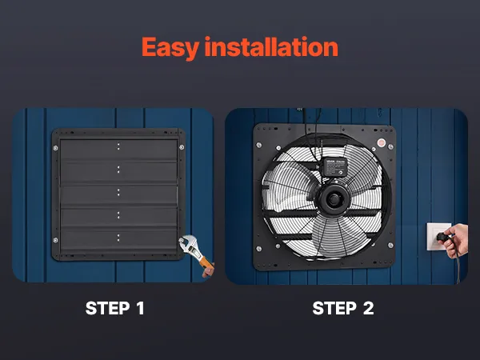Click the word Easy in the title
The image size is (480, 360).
(170, 48)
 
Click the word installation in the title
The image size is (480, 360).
(271, 46)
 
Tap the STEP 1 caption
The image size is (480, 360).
(114, 308)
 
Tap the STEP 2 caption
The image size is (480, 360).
(343, 308)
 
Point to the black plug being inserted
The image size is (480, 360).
(443, 237)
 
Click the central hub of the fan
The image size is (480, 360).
(333, 199)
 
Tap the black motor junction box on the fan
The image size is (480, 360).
(336, 167)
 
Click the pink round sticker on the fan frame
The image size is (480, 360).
(381, 142)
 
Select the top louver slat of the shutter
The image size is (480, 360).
(118, 150)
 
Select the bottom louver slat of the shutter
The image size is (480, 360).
(118, 240)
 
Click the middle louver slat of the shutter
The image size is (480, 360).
(118, 194)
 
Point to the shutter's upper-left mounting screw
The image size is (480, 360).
(55, 148)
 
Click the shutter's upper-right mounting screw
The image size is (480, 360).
(182, 147)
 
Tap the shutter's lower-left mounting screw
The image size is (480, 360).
(55, 240)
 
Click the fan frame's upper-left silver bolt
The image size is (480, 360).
(259, 145)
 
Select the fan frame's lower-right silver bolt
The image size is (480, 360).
(390, 246)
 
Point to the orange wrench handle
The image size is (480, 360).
(206, 262)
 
